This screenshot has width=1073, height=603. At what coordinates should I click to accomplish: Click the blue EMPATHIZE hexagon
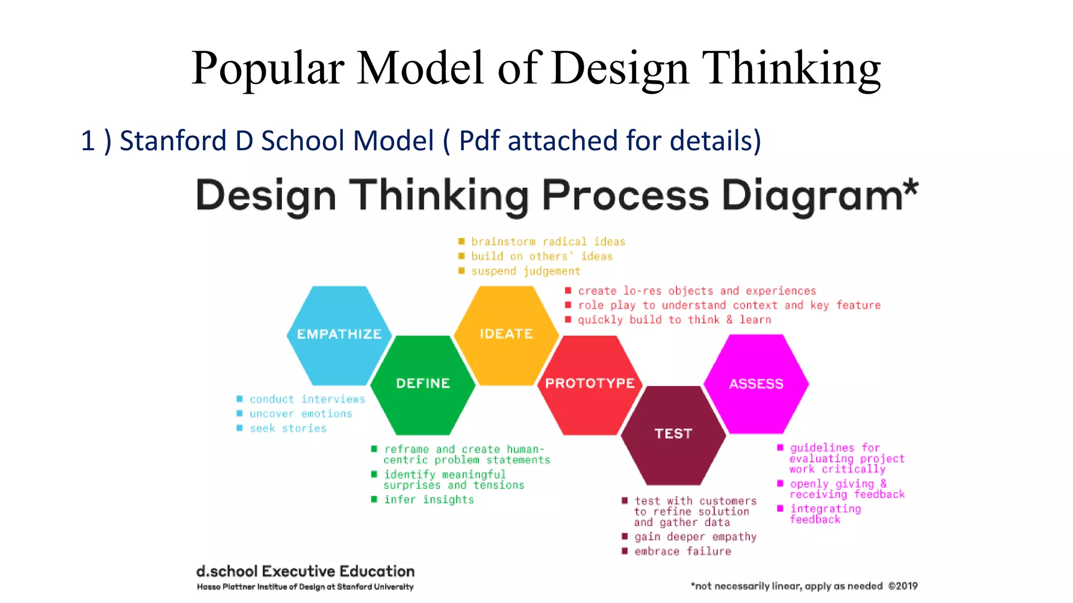pos(339,335)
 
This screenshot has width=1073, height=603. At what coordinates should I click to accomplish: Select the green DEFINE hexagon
pos(423,385)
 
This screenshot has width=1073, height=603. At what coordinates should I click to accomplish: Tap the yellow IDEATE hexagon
pos(506,335)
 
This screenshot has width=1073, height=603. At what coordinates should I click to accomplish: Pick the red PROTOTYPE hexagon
pos(590,385)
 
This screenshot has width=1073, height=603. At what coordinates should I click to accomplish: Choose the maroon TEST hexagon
pos(673,434)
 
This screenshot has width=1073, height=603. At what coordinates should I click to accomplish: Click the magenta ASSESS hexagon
pos(756,385)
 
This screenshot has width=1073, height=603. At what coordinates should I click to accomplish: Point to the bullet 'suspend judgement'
pos(525,271)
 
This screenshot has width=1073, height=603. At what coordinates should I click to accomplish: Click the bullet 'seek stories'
pos(288,429)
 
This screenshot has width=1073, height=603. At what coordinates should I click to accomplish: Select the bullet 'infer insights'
pos(429,500)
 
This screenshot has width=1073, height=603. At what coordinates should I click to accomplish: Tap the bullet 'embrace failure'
pos(682,551)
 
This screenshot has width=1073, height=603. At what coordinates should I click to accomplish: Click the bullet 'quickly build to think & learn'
pos(674,320)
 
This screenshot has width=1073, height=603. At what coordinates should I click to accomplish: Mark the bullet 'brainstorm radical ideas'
pos(548,242)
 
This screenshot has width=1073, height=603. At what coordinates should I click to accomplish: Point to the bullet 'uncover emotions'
pos(301,414)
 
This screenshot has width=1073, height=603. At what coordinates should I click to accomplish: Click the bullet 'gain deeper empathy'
pos(695,537)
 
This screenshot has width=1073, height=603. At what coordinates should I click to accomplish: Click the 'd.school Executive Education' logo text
pos(305,571)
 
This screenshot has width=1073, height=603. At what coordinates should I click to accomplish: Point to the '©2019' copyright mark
pos(903,586)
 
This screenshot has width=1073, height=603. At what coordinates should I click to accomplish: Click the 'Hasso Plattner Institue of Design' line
pos(305,587)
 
